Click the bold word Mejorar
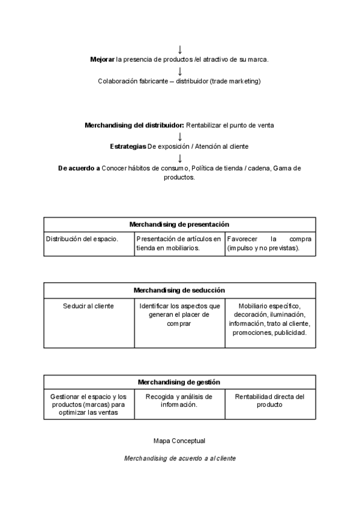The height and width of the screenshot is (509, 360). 102,59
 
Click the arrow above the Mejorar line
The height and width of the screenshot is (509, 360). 180,49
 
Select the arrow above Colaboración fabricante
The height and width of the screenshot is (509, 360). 180,71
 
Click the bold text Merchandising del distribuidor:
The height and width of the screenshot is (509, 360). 134,125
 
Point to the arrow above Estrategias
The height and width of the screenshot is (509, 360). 180,136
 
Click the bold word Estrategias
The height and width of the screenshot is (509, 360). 128,146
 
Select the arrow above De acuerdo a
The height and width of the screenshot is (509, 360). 180,158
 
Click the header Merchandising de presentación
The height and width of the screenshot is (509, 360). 179,224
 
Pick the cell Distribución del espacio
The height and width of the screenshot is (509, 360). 82,239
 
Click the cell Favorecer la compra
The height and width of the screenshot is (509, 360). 269,243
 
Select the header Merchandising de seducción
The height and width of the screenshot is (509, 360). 179,290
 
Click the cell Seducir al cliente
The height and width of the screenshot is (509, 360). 88,306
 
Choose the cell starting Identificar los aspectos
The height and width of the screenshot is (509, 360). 179,315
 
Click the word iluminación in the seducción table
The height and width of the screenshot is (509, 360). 287,315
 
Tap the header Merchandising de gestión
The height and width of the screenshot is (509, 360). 179,382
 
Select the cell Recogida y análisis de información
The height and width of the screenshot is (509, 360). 179,400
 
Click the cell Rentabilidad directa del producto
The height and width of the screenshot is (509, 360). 270,400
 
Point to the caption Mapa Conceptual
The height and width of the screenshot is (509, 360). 179,441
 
